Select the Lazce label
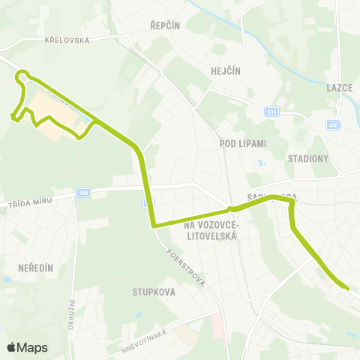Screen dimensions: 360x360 [339, 87]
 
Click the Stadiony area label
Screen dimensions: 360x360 [308, 158]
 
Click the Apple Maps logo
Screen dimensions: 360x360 [27, 347]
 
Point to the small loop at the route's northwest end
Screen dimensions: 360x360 [24, 76]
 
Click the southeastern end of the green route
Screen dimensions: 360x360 [347, 286]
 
